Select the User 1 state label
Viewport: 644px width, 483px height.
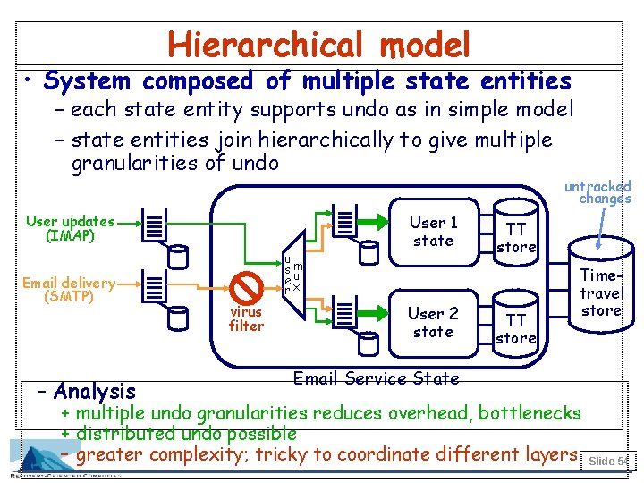(433, 231)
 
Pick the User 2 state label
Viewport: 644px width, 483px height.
(433, 322)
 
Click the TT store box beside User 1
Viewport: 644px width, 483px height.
(516, 237)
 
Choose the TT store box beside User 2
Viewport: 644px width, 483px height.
(516, 328)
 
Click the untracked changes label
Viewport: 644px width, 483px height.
(598, 192)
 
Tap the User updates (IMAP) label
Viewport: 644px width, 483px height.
(70, 229)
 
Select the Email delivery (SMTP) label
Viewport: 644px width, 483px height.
(69, 290)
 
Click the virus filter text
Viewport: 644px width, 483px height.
(246, 319)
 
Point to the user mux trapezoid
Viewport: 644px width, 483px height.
(292, 274)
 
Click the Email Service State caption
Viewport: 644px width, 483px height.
(376, 378)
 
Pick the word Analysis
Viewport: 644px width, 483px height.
(95, 391)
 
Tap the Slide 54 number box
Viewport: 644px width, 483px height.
(607, 461)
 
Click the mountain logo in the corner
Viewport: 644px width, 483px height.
(41, 455)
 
